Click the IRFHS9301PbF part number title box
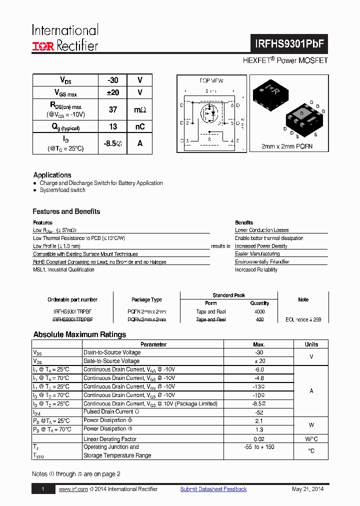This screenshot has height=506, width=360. (x=289, y=43)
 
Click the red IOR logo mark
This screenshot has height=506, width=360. (x=43, y=46)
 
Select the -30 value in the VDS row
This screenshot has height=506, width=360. (x=113, y=80)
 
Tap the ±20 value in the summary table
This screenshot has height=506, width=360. (x=113, y=92)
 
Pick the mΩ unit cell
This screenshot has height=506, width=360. (x=140, y=109)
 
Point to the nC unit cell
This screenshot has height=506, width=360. (x=140, y=127)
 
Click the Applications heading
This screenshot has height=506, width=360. (x=52, y=175)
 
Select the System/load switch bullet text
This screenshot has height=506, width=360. (x=62, y=190)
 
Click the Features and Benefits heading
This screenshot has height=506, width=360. (x=66, y=211)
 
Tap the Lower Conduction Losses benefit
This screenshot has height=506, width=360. (x=261, y=230)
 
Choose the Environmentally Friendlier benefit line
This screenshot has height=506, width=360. (x=262, y=261)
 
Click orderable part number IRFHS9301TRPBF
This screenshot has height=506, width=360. (x=72, y=311)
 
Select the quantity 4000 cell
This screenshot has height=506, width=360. (x=259, y=311)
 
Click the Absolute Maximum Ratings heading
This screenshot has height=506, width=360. (x=79, y=334)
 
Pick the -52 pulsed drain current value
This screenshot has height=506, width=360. (x=259, y=412)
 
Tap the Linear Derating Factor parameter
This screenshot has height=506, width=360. (x=110, y=439)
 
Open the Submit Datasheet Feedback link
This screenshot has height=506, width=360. (x=213, y=489)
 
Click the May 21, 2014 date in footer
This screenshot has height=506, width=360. (x=307, y=489)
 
